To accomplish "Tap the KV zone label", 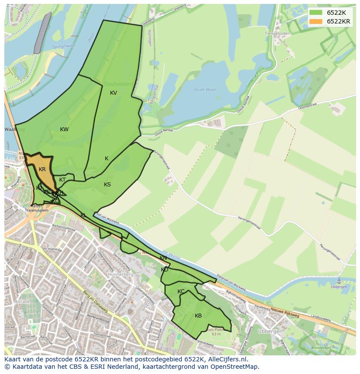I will (x=113, y=93).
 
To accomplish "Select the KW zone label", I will (x=64, y=129).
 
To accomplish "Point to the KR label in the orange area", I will (x=42, y=169).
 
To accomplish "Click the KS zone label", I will (x=107, y=185).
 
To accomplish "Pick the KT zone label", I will (x=63, y=180).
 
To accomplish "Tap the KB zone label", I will (x=198, y=316).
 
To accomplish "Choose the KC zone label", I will (x=181, y=291).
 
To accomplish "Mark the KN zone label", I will (x=163, y=258).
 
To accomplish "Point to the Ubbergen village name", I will (x=272, y=331).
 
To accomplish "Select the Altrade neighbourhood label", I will (x=22, y=301).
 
